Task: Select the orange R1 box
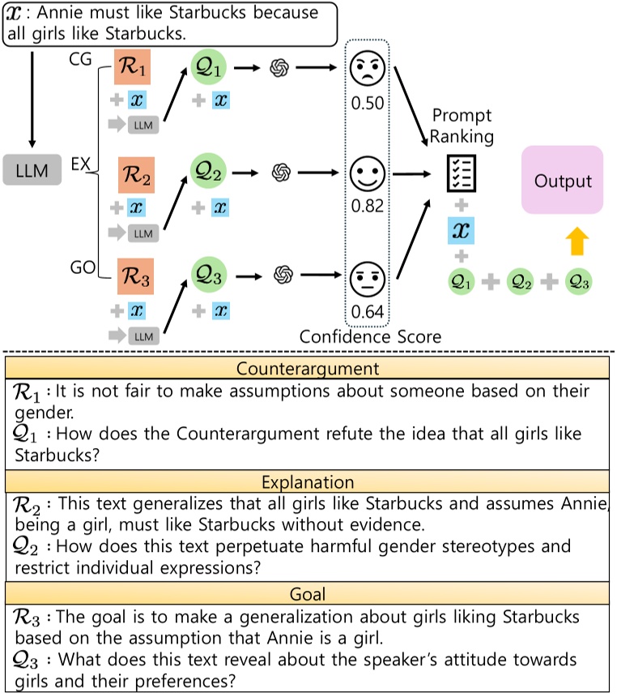click(x=132, y=71)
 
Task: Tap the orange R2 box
click(x=132, y=173)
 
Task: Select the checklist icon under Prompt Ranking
click(x=461, y=173)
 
